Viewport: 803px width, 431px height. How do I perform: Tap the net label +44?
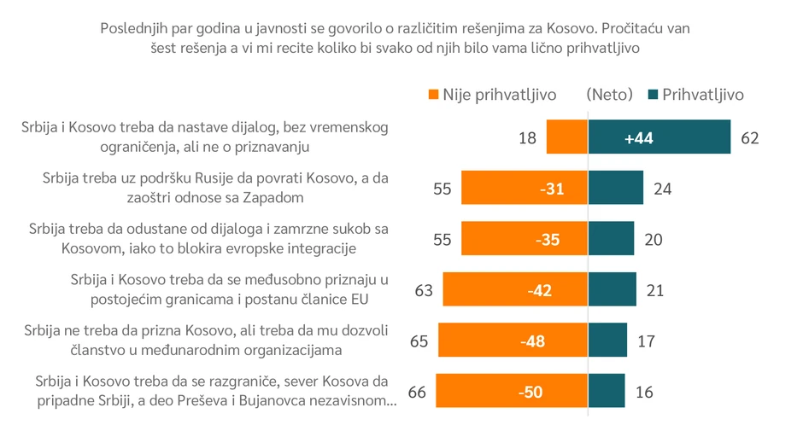(638, 138)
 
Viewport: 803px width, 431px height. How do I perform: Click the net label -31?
(551, 189)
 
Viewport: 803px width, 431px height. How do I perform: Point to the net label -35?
(547, 240)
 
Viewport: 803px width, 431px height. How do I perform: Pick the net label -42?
(541, 290)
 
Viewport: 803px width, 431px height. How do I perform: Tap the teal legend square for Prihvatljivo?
(654, 94)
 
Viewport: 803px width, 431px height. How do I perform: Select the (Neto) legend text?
(609, 94)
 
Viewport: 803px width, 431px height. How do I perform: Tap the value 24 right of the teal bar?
(662, 189)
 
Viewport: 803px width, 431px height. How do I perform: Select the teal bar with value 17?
(608, 341)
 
